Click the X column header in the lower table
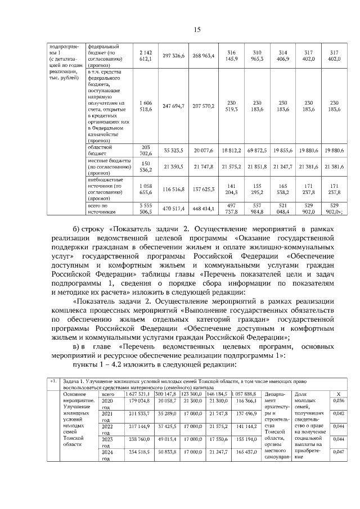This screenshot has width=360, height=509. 338,393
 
